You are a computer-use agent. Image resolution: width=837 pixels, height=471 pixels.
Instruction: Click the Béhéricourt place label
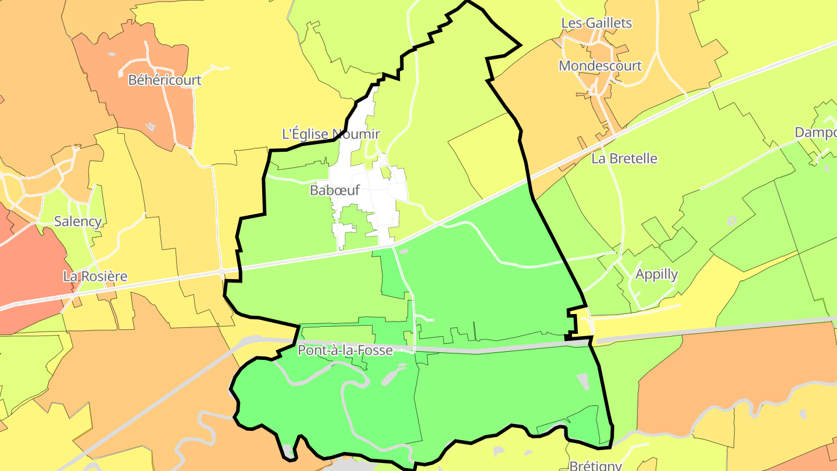pyautogui.click(x=164, y=80)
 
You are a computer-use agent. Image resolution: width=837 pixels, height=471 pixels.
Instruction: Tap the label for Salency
pyautogui.click(x=78, y=222)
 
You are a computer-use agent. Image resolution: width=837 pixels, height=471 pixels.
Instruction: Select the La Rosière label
pyautogui.click(x=95, y=276)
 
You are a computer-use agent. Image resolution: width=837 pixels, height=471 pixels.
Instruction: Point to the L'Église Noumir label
pyautogui.click(x=331, y=134)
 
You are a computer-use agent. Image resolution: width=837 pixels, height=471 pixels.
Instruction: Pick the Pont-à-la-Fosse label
pyautogui.click(x=345, y=350)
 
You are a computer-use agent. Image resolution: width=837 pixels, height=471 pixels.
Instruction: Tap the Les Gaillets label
pyautogui.click(x=596, y=23)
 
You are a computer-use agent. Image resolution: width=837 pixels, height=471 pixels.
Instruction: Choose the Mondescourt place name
pyautogui.click(x=600, y=66)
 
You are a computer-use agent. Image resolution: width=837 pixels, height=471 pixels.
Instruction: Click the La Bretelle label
pyautogui.click(x=624, y=158)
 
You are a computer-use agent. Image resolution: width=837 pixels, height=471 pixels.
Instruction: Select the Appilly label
pyautogui.click(x=656, y=274)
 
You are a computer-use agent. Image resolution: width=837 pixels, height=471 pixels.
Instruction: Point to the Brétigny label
pyautogui.click(x=595, y=465)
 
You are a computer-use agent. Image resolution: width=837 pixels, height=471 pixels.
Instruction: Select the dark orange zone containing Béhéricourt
pyautogui.click(x=139, y=105)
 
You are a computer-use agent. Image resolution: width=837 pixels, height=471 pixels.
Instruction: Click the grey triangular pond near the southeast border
pyautogui.click(x=583, y=381)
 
